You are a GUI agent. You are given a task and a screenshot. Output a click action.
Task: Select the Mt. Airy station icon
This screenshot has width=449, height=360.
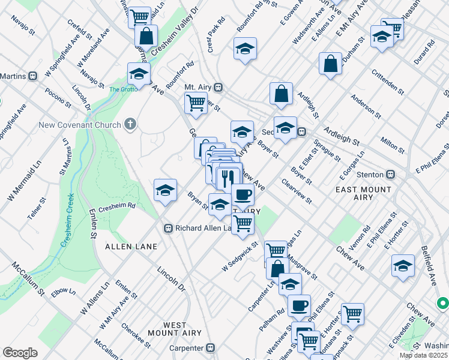(219, 87)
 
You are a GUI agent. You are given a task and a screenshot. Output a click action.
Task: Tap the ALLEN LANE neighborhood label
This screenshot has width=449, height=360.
(131, 247)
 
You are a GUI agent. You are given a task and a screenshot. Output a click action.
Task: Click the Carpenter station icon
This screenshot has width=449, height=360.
(210, 347)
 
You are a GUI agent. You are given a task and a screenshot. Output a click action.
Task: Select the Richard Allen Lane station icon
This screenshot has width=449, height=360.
(169, 228)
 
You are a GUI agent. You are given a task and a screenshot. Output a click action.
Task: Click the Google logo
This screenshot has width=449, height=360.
(20, 353)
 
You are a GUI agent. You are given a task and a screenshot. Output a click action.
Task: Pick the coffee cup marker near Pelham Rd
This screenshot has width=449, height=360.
(299, 305)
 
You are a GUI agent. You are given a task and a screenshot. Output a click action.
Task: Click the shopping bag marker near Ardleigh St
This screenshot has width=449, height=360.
(281, 93)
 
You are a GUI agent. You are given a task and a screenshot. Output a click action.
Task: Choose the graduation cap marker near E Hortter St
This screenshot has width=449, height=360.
(403, 265)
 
